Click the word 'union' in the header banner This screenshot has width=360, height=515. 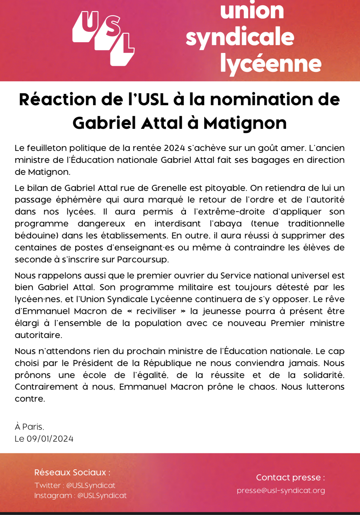(x=252, y=11)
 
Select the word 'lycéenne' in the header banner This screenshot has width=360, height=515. (x=271, y=63)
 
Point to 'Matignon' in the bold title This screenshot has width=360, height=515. (x=245, y=123)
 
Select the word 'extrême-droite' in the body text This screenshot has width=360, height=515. (x=229, y=212)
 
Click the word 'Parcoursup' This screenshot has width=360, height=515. (x=142, y=260)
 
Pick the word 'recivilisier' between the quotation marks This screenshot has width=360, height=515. (x=156, y=311)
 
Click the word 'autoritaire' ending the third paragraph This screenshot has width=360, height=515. (x=38, y=335)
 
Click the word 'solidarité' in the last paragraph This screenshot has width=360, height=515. (x=323, y=375)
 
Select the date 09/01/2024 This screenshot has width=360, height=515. (x=50, y=439)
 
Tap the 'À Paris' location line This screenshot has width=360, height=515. (x=29, y=427)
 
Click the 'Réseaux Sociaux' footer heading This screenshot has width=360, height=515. (x=72, y=472)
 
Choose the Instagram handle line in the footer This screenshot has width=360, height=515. (x=80, y=495)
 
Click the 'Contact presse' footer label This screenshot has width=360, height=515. (x=290, y=478)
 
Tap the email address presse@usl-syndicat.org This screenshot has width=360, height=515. (x=281, y=490)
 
